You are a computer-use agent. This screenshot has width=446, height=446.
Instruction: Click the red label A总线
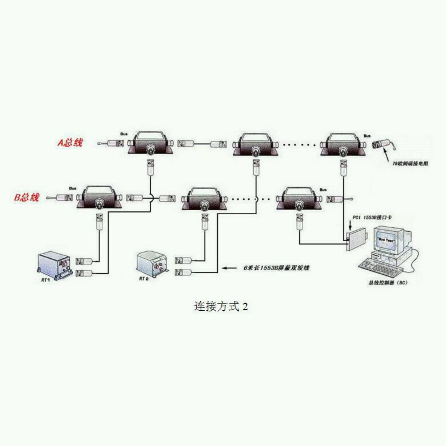click(x=70, y=142)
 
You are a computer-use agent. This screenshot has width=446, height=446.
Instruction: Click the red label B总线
click(x=27, y=197)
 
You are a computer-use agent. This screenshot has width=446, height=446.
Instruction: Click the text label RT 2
click(x=144, y=279)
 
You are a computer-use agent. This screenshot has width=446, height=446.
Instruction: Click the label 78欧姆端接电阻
click(x=410, y=164)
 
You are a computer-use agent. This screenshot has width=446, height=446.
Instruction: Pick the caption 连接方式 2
click(x=221, y=306)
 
